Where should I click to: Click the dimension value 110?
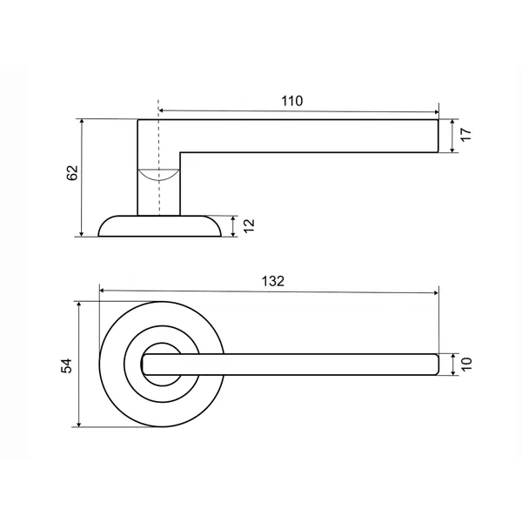coord(292,101)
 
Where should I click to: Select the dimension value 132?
coord(273,281)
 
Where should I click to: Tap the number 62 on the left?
coord(72,173)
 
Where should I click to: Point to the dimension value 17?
coord(466,135)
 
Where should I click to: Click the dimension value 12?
coord(249,226)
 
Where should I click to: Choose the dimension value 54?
coord(67,365)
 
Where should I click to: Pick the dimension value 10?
coord(466,365)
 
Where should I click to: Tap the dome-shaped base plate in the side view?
coord(159,226)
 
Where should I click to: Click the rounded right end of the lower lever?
coord(438,365)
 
